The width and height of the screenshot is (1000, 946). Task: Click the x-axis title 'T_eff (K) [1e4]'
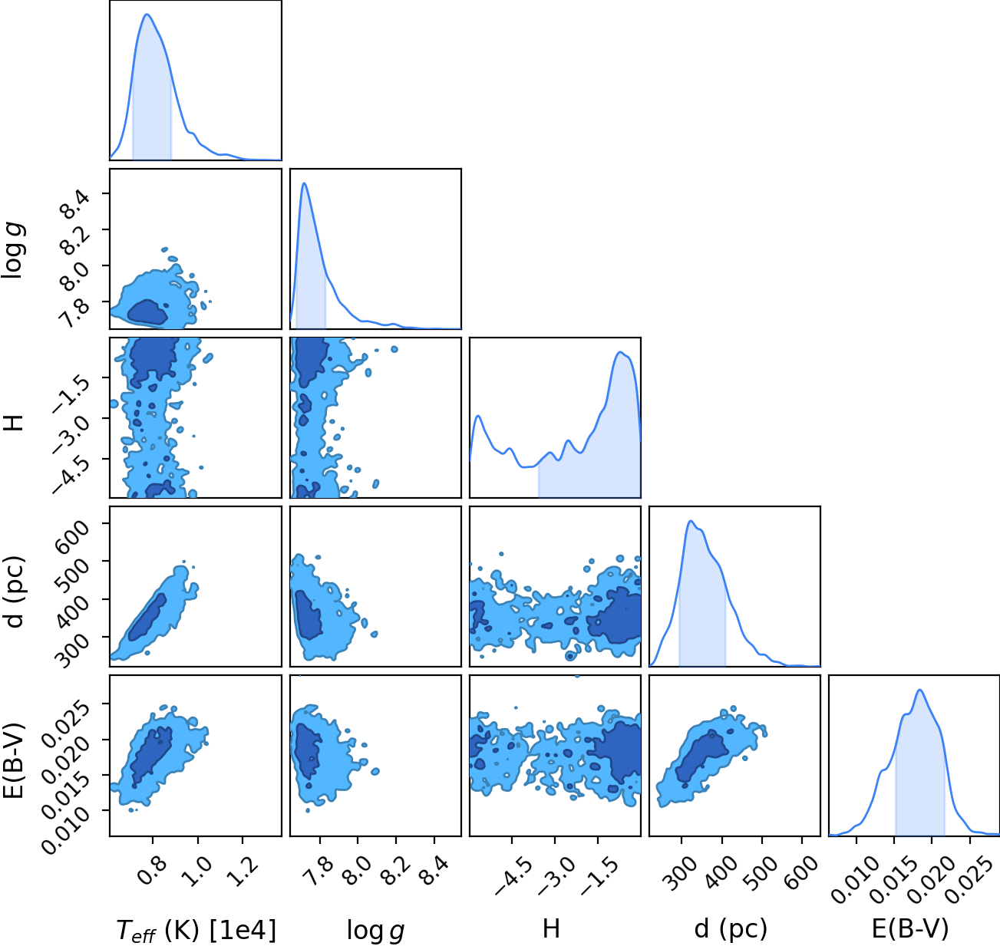[x=196, y=930]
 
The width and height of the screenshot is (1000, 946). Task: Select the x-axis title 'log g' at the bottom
[x=375, y=931]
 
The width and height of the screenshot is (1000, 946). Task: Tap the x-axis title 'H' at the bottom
[x=551, y=928]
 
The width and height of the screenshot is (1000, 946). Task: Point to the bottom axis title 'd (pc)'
[x=731, y=930]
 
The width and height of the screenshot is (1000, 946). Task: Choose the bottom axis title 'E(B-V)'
[x=910, y=930]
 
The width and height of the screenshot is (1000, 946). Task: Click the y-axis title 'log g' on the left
[x=13, y=250]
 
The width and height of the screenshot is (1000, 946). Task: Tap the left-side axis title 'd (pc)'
[x=13, y=592]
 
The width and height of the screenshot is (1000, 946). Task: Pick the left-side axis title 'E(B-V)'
[x=13, y=760]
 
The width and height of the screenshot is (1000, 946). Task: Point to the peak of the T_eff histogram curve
[x=147, y=14]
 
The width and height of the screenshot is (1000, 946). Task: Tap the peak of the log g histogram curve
[x=304, y=183]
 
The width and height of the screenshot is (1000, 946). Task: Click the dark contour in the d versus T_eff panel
[x=147, y=618]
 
